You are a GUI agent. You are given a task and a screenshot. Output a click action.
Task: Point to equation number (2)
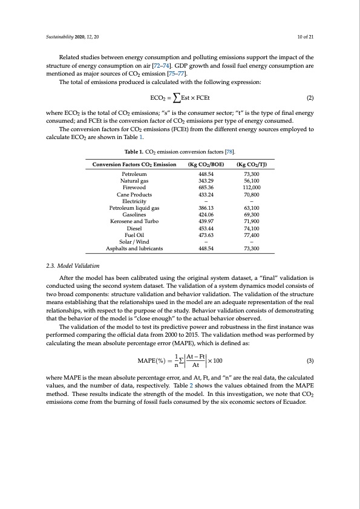click(310, 97)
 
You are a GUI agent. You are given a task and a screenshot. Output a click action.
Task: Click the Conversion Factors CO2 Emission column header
click(134, 164)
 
